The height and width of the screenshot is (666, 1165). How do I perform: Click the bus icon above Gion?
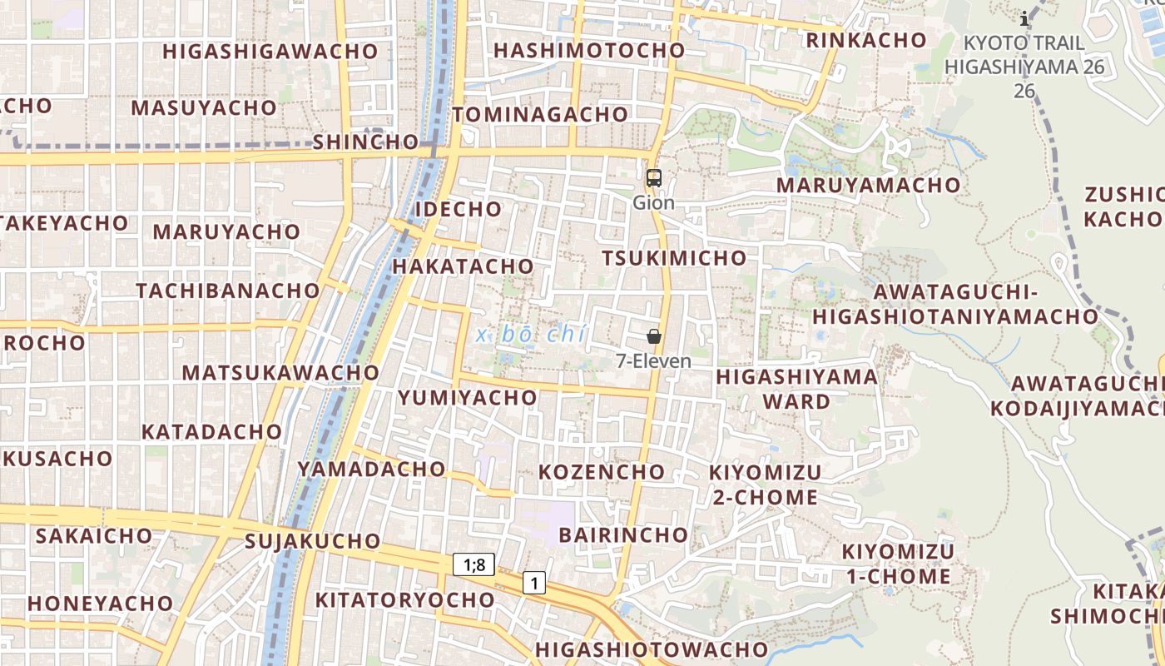click(654, 177)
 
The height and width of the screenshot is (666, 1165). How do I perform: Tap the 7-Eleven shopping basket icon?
click(654, 336)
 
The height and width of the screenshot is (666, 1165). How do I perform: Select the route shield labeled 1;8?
click(474, 564)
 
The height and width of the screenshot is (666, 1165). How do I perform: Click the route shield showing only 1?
click(533, 583)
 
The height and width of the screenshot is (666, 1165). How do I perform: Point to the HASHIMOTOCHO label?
click(589, 50)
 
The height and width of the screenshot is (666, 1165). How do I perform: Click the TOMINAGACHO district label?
click(540, 114)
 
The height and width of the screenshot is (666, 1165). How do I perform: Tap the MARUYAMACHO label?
click(868, 185)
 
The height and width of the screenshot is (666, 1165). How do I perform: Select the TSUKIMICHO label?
click(674, 258)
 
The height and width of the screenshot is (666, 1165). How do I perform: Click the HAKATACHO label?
click(462, 266)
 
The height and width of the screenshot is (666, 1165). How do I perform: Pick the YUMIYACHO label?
click(467, 398)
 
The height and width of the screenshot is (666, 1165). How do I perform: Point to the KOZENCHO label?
click(602, 472)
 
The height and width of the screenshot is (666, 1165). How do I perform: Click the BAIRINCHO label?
click(623, 534)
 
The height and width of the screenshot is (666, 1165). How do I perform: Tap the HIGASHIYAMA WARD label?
click(796, 389)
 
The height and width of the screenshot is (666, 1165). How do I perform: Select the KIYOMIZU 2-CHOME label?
click(765, 485)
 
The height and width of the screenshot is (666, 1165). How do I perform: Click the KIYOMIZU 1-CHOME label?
click(898, 564)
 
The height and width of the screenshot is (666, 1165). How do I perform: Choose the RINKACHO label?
click(878, 40)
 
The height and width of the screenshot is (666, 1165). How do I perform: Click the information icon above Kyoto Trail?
click(1024, 17)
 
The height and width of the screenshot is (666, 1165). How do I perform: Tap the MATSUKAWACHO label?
click(280, 372)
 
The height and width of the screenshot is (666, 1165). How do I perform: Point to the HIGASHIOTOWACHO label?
click(652, 649)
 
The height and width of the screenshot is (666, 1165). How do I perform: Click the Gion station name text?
click(653, 202)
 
